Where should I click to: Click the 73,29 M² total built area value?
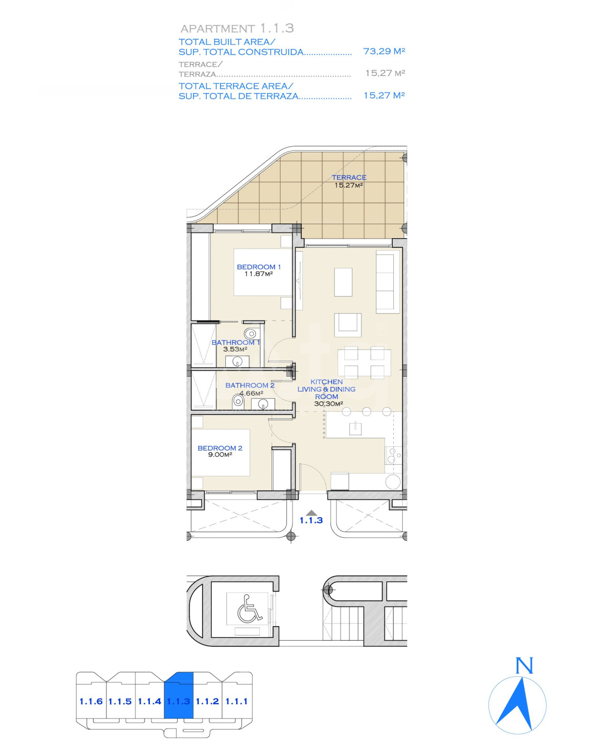click(384, 51)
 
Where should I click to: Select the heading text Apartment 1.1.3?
click(237, 28)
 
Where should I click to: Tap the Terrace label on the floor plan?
click(349, 177)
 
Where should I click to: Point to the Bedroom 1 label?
click(259, 267)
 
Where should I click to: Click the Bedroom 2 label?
click(220, 448)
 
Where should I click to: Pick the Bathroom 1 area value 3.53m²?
click(235, 349)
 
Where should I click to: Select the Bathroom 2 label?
click(250, 385)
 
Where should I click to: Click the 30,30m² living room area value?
click(329, 404)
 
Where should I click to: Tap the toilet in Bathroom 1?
click(250, 334)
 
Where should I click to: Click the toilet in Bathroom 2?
click(238, 401)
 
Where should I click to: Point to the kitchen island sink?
click(355, 429)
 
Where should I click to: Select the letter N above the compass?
click(524, 665)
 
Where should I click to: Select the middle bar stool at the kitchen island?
click(366, 411)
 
